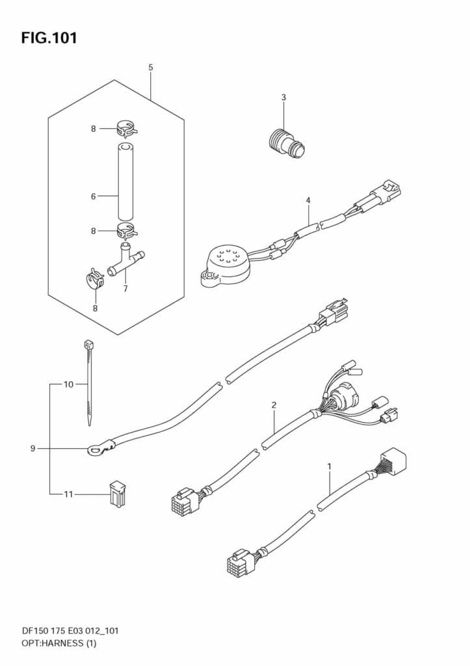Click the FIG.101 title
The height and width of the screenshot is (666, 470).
pos(49,38)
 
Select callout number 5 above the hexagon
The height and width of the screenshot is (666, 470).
pos(151,68)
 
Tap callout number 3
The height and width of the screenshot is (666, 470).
pos(283,98)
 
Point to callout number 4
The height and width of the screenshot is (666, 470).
pos(308,200)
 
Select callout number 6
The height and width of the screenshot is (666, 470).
pos(94,196)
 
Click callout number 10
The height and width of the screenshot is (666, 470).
pos(68,384)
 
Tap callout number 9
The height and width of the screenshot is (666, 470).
pos(33,448)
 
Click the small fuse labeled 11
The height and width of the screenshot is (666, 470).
pos(116,494)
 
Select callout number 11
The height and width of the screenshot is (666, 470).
pos(68,494)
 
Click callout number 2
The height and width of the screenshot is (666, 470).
pos(274,405)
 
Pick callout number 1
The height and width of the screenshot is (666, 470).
pos(330,466)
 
